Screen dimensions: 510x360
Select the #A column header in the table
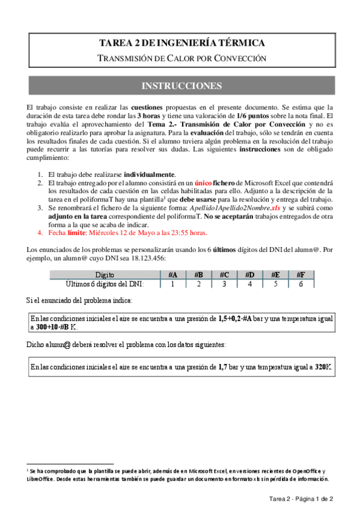172,275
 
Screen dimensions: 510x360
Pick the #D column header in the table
250,275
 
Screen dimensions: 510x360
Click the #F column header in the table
301,275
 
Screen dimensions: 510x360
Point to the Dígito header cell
105,275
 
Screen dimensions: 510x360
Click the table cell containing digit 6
301,284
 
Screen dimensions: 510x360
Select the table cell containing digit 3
224,284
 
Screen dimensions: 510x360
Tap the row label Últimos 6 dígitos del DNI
105,284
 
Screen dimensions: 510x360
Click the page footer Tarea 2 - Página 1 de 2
301,499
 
